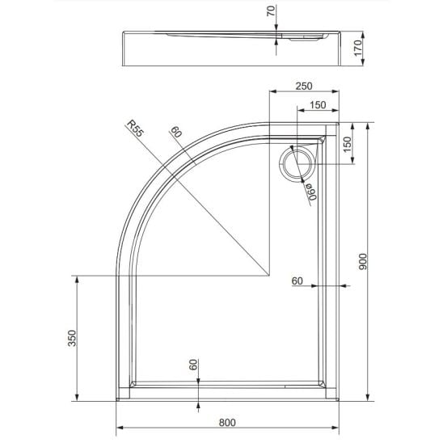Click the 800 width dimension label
point(227,422)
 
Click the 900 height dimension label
point(363,261)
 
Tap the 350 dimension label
point(72,338)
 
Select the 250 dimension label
point(304,86)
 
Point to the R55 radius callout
point(135,129)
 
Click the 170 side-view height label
point(357,48)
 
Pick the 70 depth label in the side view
point(271,11)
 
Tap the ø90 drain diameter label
point(311,192)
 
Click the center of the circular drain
point(297,164)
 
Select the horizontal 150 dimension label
point(318,105)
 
